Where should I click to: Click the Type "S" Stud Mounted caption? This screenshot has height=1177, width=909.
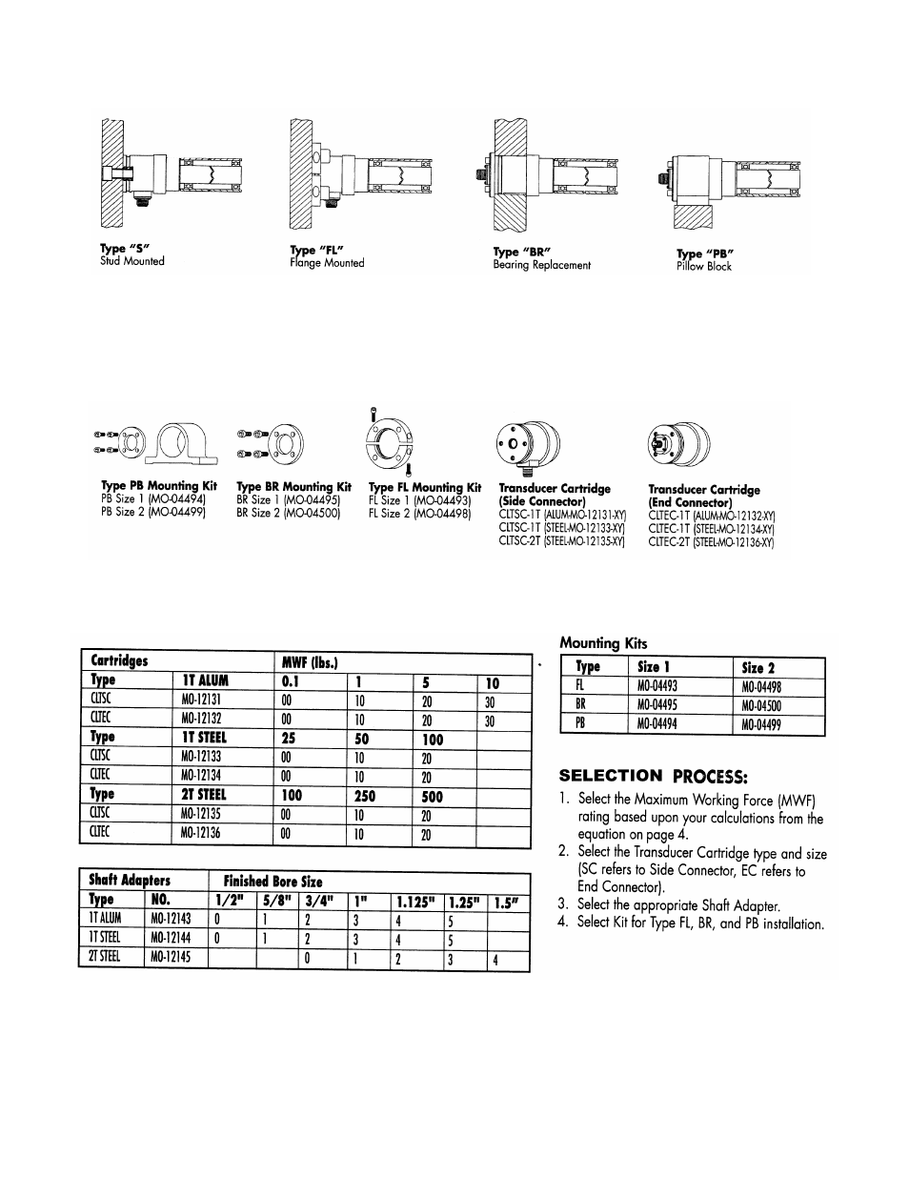click(x=132, y=254)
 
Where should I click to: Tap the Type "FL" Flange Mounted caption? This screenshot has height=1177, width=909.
click(x=327, y=256)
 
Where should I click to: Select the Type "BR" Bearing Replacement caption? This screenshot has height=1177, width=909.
click(x=541, y=258)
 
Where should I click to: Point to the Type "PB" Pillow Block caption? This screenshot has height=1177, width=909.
click(x=705, y=259)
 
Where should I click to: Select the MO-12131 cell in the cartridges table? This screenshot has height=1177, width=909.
click(x=201, y=700)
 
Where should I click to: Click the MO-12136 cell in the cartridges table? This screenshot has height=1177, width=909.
click(x=201, y=834)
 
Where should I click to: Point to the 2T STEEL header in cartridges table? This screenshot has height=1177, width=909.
click(x=205, y=795)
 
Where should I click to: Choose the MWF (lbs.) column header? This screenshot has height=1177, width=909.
click(x=311, y=661)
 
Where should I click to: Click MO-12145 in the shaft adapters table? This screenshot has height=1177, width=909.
click(x=171, y=956)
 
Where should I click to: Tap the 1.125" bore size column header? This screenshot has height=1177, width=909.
click(x=414, y=900)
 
